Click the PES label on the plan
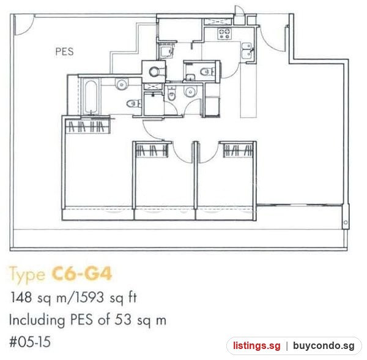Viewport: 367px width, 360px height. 64,51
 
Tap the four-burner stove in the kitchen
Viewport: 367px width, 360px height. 224,34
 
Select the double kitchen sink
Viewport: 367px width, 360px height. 247,50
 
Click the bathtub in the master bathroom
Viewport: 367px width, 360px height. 91,97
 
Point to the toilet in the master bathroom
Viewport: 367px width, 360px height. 134,103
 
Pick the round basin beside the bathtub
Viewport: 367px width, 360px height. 122,84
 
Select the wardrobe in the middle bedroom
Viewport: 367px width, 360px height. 152,150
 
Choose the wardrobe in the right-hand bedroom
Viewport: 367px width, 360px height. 239,150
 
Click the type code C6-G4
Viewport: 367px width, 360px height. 81,273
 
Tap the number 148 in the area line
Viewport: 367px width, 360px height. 21,297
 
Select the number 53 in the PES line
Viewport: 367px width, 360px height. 123,320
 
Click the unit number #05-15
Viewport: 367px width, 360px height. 30,342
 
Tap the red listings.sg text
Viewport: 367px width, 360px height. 256,346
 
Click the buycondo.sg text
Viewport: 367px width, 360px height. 324,346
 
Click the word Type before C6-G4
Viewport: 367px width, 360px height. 27,274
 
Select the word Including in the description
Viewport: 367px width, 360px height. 37,320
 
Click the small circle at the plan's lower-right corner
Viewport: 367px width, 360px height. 346,222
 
